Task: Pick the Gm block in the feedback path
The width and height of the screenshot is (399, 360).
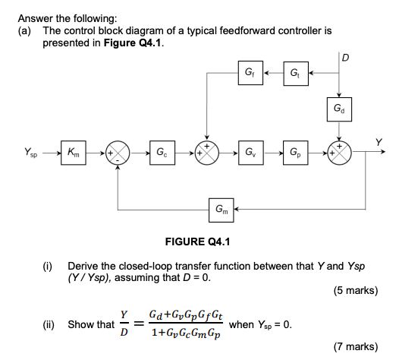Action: coord(219,207)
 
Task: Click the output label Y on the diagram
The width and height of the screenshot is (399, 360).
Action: coord(379,141)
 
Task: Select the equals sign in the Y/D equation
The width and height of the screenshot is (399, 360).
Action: coord(137,324)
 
